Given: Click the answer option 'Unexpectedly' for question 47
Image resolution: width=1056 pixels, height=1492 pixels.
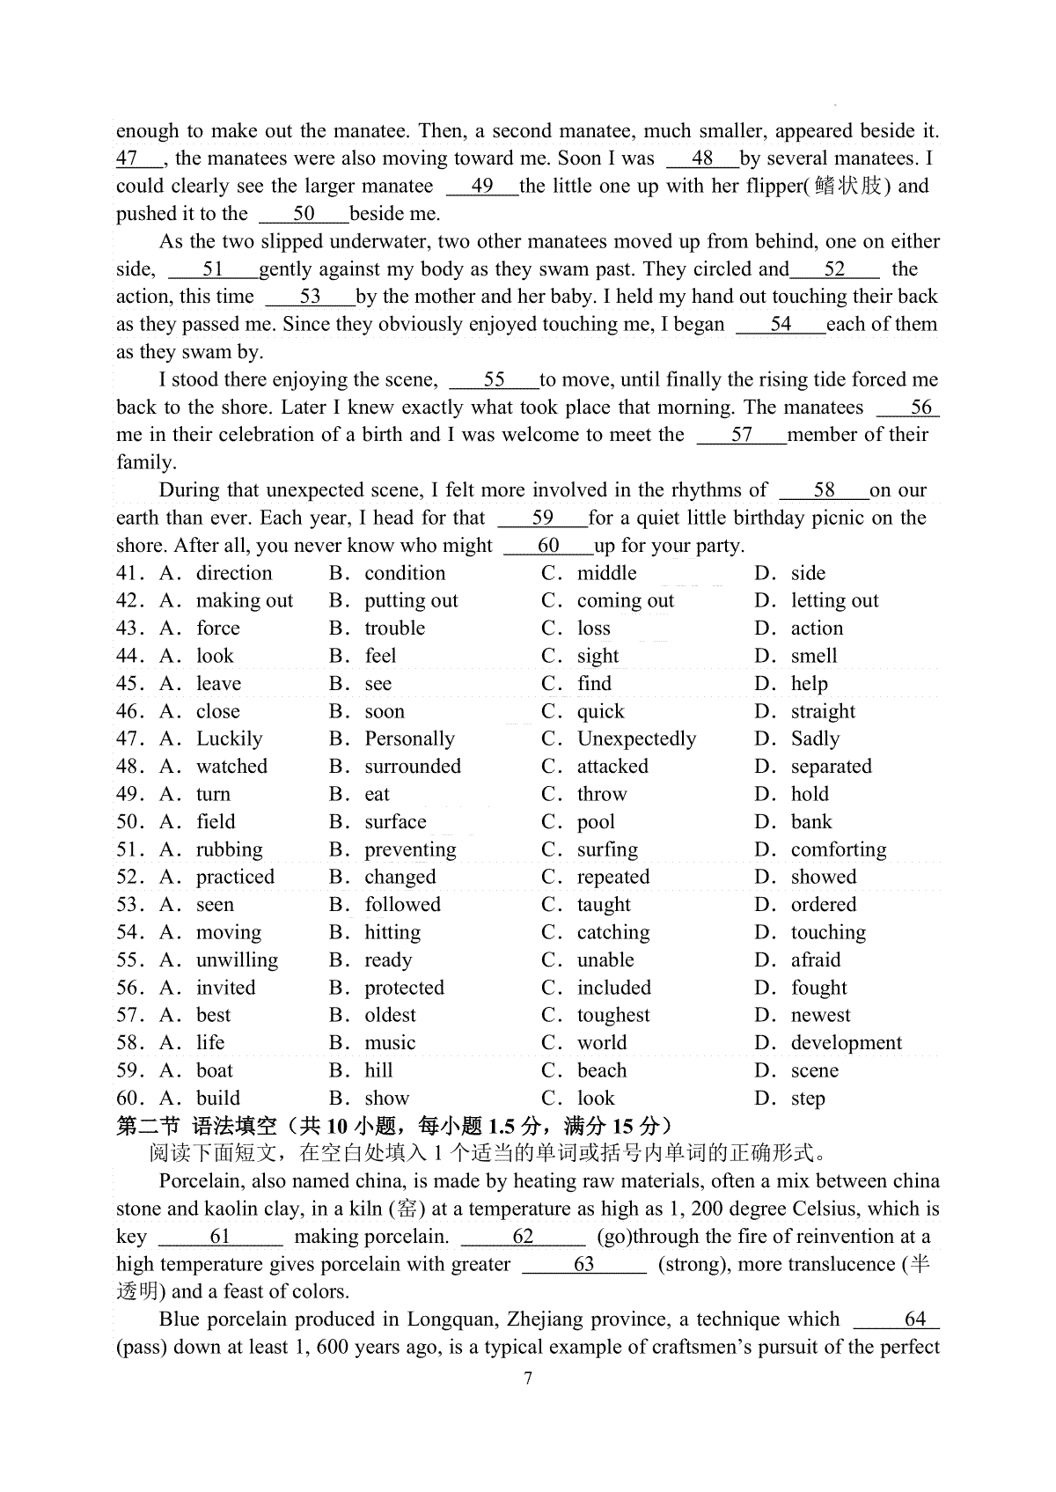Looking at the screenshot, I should click(x=636, y=739).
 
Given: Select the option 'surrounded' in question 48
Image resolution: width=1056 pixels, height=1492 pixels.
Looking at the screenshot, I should click(x=413, y=766).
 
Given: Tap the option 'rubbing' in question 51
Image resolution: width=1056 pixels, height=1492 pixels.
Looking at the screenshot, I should click(x=229, y=849).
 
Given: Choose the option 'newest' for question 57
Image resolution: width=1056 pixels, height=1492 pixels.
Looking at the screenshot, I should click(x=820, y=1015).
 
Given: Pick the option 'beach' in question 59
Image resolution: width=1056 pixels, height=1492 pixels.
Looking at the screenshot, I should click(x=602, y=1070).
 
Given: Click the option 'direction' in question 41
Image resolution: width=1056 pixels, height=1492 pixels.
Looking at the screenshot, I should click(x=234, y=573).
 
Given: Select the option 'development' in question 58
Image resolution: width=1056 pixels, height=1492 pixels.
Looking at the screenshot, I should click(x=846, y=1043).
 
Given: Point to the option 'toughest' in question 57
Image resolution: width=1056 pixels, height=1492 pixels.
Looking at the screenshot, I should click(x=613, y=1015).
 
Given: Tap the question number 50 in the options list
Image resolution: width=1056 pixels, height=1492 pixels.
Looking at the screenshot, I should click(x=130, y=822).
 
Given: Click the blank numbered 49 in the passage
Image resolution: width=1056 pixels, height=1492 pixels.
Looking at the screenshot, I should click(x=482, y=186).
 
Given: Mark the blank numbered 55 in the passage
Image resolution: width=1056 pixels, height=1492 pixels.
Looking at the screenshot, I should click(x=494, y=379).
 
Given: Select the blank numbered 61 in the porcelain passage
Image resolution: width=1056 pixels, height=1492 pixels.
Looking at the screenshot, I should click(x=220, y=1237).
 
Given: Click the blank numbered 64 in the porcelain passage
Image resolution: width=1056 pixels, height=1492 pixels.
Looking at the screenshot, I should click(x=914, y=1319).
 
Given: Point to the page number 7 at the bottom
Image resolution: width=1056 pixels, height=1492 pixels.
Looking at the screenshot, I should click(x=528, y=1378).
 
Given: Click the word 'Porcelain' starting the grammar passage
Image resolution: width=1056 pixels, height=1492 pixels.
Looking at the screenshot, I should click(x=201, y=1181).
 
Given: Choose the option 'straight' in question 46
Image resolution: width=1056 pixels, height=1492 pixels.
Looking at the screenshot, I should click(x=823, y=711).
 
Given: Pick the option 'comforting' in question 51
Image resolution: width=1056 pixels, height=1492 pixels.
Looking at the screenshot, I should click(x=839, y=849).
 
